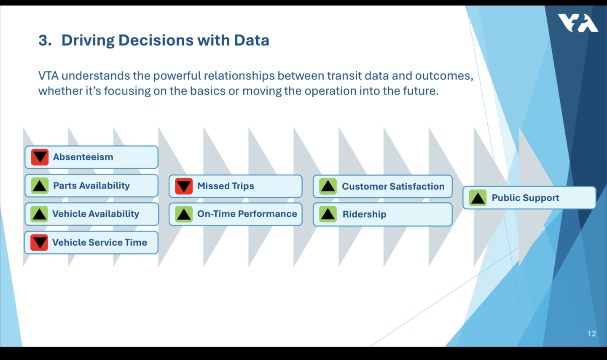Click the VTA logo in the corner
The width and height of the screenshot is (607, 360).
click(577, 23)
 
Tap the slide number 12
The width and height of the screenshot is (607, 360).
click(592, 333)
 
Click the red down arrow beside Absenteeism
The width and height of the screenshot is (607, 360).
click(40, 157)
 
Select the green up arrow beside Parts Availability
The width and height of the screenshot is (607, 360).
click(40, 185)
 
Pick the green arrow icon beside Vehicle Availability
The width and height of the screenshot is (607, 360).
click(40, 214)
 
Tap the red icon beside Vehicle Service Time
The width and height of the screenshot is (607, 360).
click(40, 242)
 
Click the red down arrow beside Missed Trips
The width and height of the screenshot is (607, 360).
click(184, 186)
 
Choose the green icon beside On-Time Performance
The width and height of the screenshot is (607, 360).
click(184, 214)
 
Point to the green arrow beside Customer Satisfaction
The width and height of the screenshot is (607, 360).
click(328, 186)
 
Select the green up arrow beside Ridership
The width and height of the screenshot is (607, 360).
click(328, 214)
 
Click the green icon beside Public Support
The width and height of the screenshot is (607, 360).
click(478, 198)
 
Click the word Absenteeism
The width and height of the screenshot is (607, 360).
click(83, 157)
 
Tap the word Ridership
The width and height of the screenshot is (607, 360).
click(364, 215)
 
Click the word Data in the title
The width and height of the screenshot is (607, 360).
click(252, 40)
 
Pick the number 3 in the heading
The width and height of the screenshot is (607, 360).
click(43, 40)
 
